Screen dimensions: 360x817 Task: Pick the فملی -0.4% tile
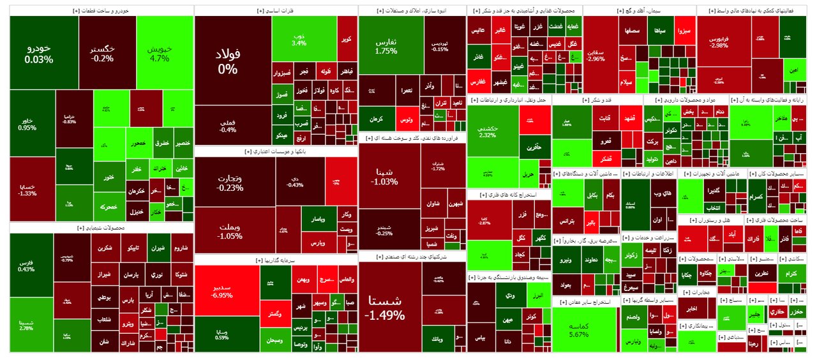click(227, 126)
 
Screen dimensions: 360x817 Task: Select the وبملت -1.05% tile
click(230, 231)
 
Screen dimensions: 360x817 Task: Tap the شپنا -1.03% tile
click(384, 177)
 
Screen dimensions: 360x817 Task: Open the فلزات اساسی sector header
click(276, 11)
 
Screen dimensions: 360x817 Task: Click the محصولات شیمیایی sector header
click(101, 227)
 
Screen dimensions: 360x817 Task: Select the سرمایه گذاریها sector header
click(276, 260)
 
